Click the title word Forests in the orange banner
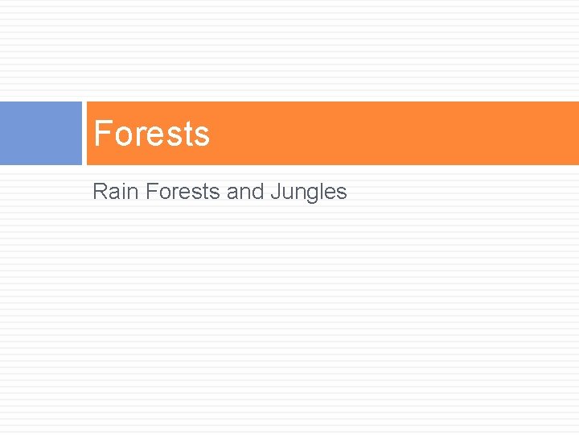click(151, 134)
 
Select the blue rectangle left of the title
click(41, 133)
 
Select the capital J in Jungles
click(275, 192)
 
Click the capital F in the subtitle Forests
click(151, 192)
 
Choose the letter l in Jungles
click(318, 192)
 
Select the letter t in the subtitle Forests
click(208, 193)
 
